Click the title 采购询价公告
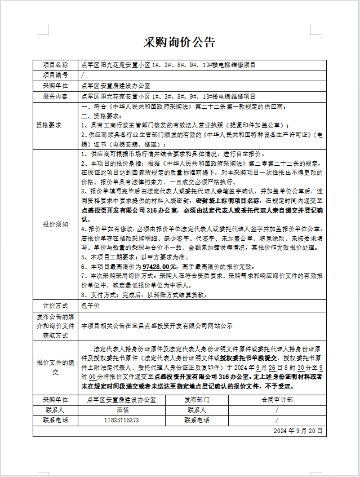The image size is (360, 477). pyautogui.click(x=180, y=42)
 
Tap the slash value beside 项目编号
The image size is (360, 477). pyautogui.click(x=83, y=75)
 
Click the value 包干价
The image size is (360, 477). pyautogui.click(x=90, y=305)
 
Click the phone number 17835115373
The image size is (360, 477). pyautogui.click(x=122, y=420)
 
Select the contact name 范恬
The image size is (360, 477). pyautogui.click(x=122, y=410)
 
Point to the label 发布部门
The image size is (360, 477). pyautogui.click(x=201, y=399)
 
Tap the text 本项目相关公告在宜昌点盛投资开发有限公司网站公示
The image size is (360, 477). pyautogui.click(x=157, y=326)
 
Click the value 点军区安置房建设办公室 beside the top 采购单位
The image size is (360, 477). pyautogui.click(x=116, y=86)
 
